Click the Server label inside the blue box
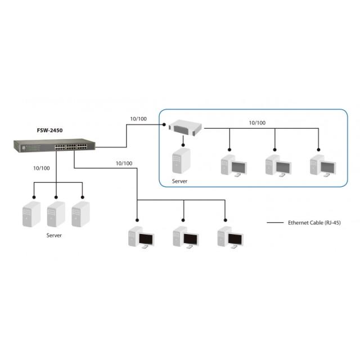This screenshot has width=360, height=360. click(x=179, y=182)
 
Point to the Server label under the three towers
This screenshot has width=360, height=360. click(x=54, y=235)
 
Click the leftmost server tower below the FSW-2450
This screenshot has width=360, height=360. click(x=31, y=214)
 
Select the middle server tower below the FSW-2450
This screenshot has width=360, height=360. click(x=56, y=214)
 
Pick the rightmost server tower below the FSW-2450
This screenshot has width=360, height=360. click(x=81, y=214)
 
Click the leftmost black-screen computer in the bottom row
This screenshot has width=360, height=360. click(x=140, y=237)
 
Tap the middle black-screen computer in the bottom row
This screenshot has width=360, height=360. click(x=184, y=237)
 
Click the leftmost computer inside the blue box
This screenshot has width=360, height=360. click(x=233, y=165)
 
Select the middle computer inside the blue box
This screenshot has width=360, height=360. click(x=278, y=165)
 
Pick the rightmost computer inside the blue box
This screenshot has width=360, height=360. click(x=322, y=165)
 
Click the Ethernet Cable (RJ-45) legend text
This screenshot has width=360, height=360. click(x=314, y=223)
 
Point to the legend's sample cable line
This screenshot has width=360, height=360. click(x=275, y=223)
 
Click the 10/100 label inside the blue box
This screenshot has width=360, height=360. click(x=257, y=122)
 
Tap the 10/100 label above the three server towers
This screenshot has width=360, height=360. click(x=42, y=168)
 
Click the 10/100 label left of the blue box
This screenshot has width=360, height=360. click(x=138, y=119)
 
